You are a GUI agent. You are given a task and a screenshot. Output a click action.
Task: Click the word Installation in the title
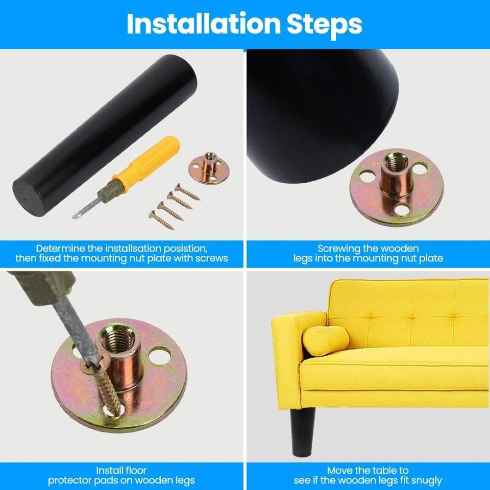204,24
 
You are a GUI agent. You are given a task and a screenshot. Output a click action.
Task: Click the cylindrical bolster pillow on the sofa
325,340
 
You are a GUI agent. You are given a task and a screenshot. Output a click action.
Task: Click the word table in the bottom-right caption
379,470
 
